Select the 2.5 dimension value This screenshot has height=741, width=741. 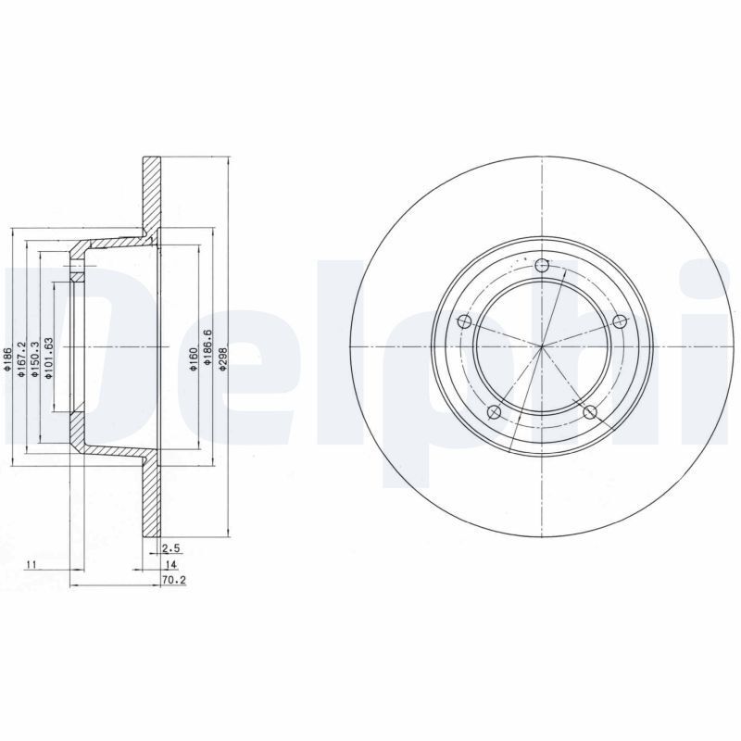point(170,548)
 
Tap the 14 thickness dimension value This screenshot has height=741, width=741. point(170,564)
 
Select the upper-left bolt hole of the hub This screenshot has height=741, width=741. point(466,322)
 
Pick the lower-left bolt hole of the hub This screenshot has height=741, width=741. point(495,412)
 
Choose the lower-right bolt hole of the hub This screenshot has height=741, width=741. point(590,411)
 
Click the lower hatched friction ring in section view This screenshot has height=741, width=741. point(151,500)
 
